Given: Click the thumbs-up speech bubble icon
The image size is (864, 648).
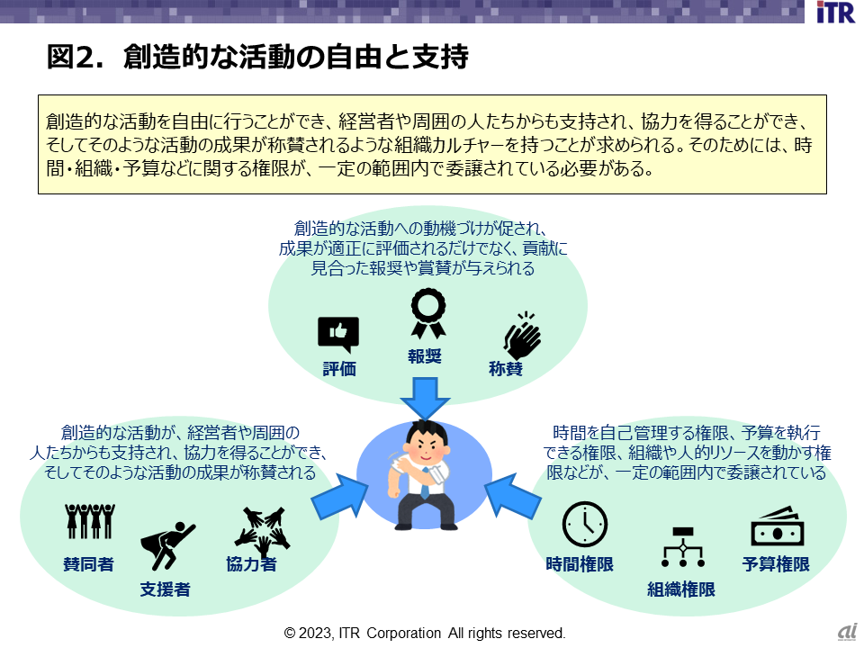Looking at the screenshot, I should (x=338, y=335).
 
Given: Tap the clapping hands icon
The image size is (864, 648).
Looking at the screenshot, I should (x=521, y=336).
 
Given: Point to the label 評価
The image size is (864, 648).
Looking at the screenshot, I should (x=339, y=369).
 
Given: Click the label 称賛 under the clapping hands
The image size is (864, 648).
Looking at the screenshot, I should (x=506, y=369).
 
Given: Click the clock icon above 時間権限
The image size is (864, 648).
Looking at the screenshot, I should (x=584, y=524).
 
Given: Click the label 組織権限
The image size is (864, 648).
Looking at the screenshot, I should (x=681, y=590).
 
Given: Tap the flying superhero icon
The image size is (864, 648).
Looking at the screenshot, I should (x=166, y=544).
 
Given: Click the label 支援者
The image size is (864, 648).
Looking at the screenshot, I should (x=165, y=590).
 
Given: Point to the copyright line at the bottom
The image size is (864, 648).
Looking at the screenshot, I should (x=425, y=634).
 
